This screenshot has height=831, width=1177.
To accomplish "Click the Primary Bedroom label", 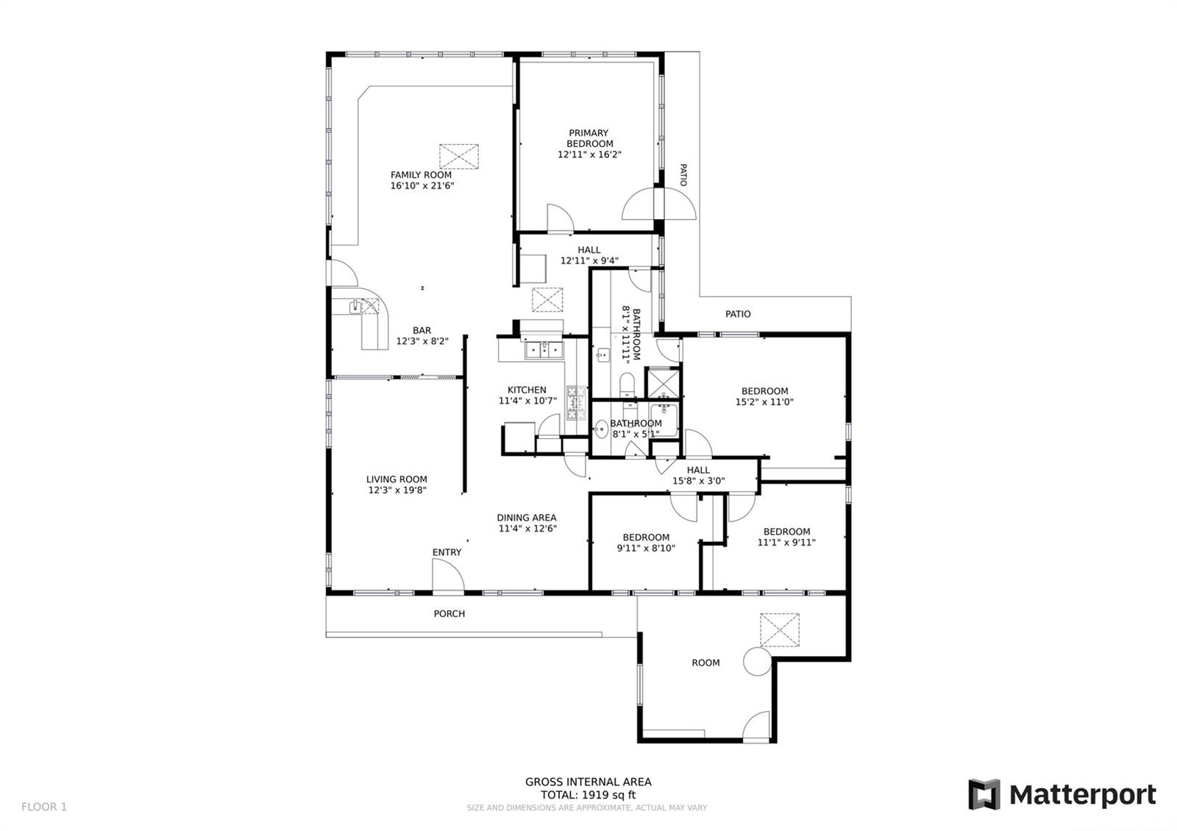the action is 589,138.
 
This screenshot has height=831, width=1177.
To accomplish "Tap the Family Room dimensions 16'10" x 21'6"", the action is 422,185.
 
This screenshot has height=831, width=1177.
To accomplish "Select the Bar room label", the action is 422,330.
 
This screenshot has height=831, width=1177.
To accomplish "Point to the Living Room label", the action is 397,479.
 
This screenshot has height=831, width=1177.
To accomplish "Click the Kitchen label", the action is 527,390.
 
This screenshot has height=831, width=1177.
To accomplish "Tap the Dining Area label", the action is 527,518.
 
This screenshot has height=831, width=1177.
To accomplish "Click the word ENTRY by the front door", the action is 447,552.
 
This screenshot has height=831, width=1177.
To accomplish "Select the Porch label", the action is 449,613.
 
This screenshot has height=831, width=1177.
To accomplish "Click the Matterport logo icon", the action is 984,794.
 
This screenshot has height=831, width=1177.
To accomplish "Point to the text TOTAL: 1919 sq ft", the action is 588,795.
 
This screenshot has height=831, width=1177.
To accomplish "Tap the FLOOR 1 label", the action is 44,807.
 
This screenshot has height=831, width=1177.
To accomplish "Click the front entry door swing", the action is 448,574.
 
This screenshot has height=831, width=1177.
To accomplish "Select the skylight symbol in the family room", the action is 459,157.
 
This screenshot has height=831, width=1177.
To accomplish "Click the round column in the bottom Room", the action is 758,661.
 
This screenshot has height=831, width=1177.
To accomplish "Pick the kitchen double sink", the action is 544,349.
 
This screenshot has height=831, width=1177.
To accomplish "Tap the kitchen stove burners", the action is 577,402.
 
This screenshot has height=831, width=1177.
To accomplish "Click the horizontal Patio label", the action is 738,314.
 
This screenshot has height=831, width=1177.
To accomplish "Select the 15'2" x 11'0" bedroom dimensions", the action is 764,402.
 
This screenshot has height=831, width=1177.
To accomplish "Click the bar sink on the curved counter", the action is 356,306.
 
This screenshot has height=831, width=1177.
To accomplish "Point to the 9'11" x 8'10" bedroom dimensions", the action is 646,548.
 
